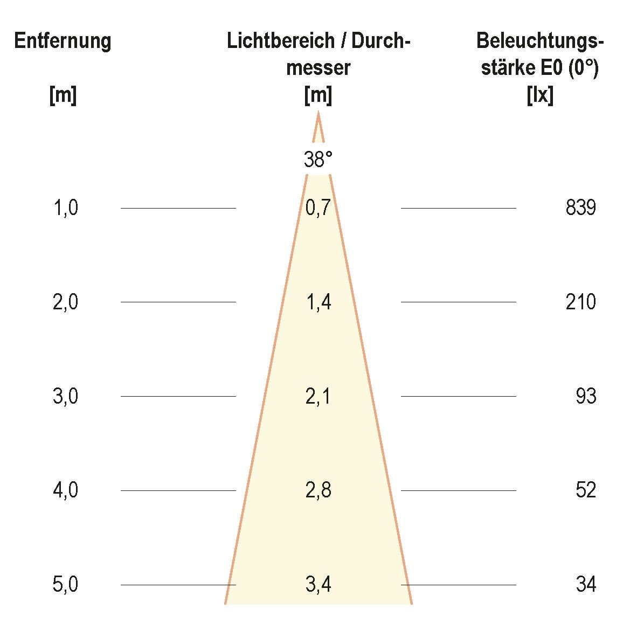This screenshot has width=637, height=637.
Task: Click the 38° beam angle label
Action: [318, 160]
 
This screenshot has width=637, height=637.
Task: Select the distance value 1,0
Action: [65, 208]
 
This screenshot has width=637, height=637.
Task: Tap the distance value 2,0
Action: [65, 302]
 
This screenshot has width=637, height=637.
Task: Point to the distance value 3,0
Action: [65, 397]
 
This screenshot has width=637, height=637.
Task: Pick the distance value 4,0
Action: [65, 490]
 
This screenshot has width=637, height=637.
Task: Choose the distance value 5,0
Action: [65, 585]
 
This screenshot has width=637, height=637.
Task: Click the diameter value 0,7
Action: [318, 208]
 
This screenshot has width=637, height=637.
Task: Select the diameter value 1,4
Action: [318, 302]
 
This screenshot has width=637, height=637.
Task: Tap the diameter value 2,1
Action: [318, 397]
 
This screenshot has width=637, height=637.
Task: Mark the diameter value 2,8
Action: [318, 490]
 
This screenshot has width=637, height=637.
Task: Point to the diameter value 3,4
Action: [318, 585]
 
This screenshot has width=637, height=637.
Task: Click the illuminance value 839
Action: [580, 208]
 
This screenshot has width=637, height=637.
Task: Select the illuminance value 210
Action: [580, 302]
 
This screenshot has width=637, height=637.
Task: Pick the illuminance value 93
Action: [585, 397]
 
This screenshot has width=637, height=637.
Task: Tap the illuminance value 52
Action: [585, 490]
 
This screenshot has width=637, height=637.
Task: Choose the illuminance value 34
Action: [585, 585]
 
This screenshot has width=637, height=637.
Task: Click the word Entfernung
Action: [63, 41]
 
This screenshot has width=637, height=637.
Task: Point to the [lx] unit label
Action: [539, 96]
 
